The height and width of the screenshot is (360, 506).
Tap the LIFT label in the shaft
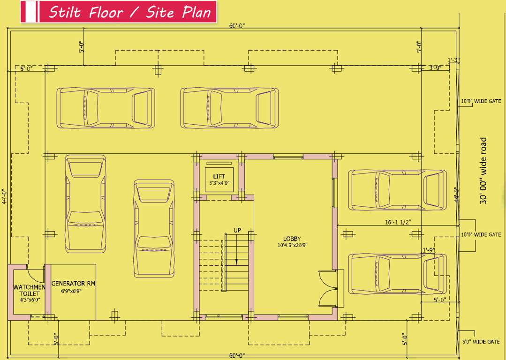(x=219, y=176)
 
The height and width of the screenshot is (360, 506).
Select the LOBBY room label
(x=292, y=239)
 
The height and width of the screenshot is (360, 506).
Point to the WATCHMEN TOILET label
(x=29, y=290)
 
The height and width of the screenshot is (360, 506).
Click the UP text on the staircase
(x=237, y=230)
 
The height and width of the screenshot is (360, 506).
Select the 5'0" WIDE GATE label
(x=481, y=342)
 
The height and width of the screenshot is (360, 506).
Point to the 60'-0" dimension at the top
(x=237, y=26)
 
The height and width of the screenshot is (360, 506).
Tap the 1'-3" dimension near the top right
(x=453, y=60)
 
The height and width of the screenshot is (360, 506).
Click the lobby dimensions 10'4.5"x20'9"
(x=292, y=245)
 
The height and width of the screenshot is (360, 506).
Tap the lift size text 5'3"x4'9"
(x=219, y=183)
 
